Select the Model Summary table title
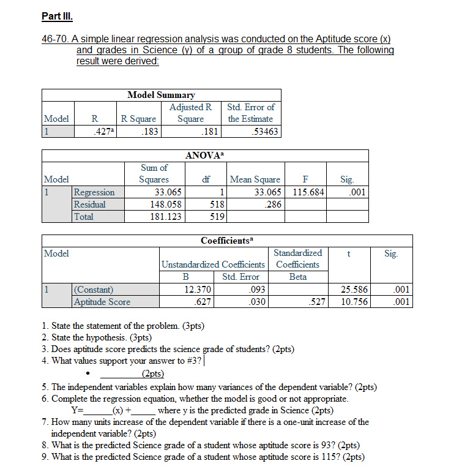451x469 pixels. point(161,95)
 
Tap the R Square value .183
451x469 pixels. point(146,131)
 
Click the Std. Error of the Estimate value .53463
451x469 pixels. point(259,131)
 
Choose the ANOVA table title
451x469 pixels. point(205,156)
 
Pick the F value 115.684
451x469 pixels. point(308,192)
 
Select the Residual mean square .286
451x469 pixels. point(271,204)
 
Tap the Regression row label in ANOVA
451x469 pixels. point(94,192)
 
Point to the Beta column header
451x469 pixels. point(297,277)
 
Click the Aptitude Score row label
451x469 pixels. point(102,301)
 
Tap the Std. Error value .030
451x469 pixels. point(257,301)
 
